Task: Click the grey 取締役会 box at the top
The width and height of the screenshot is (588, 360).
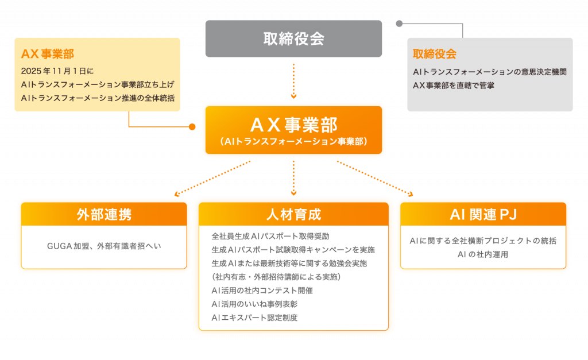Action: point(293,38)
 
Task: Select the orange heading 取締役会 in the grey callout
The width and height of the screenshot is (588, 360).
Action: point(435,54)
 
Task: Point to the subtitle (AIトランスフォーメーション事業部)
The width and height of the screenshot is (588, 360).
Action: point(293,141)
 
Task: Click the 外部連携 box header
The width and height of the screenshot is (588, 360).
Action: point(104,215)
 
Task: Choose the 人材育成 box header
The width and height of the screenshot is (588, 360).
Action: point(293,215)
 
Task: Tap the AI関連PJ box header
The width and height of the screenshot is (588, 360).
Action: point(483,215)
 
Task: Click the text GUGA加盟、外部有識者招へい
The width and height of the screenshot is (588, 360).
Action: point(104,246)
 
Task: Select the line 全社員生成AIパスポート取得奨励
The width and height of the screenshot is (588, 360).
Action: point(270,235)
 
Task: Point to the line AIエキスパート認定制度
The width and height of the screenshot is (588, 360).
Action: point(254,318)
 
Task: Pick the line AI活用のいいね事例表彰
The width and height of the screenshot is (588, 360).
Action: point(254,304)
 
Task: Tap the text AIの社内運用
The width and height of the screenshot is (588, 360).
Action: point(483,254)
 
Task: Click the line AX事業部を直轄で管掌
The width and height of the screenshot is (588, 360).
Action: point(454,85)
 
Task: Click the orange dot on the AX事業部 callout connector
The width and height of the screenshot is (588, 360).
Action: point(192,127)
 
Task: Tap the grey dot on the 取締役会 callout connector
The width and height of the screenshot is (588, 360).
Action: point(399,24)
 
